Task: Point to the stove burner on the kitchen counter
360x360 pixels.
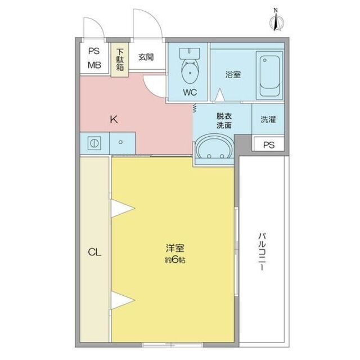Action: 94,143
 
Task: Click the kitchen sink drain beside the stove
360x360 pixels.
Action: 120,142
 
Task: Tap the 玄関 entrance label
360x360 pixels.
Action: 146,57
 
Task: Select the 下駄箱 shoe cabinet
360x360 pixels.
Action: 120,60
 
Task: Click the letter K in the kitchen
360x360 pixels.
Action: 114,120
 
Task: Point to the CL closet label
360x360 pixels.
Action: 94,253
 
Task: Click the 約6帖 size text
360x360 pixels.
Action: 175,260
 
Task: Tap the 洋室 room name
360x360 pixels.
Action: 175,249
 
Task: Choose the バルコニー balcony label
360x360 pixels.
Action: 262,251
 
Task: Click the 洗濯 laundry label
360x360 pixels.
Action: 268,120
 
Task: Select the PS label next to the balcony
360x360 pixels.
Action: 269,145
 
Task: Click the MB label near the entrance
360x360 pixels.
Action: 94,65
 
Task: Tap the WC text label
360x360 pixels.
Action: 190,92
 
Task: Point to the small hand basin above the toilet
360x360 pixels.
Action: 190,53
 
